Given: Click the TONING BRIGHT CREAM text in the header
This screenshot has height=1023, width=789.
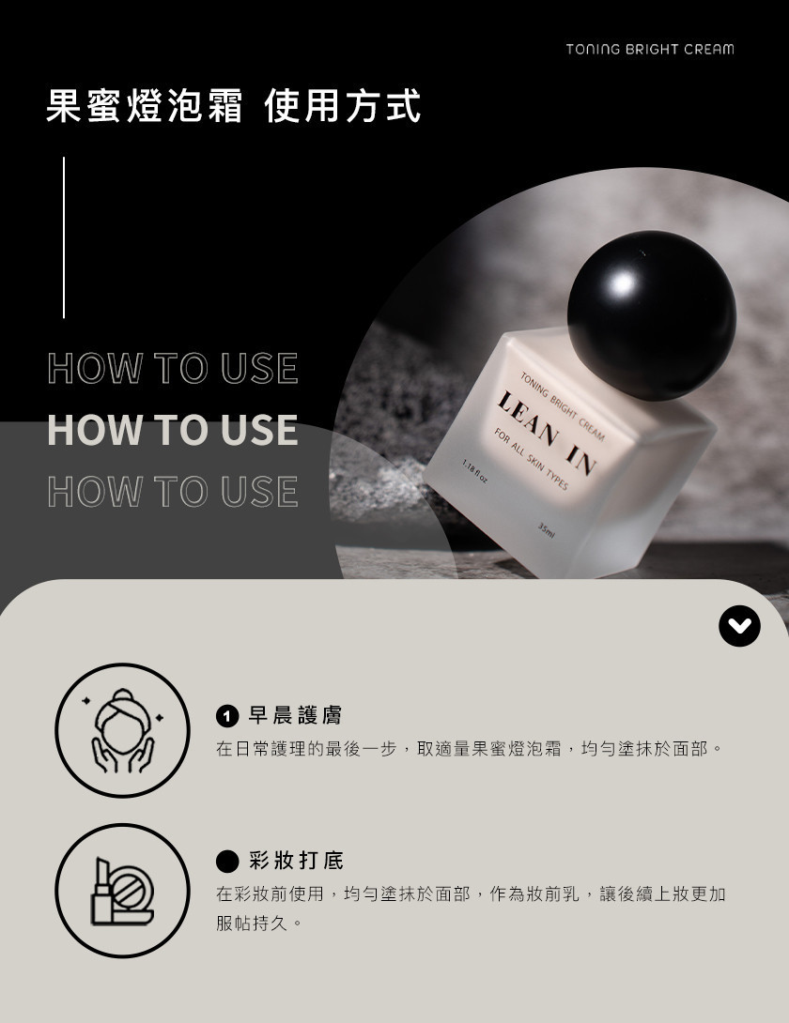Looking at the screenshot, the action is click(650, 50).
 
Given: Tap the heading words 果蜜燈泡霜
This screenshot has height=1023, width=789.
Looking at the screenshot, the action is click(145, 106).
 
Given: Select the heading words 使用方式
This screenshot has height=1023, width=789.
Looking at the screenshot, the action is click(344, 106).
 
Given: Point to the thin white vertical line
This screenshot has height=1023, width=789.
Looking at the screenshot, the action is click(64, 237).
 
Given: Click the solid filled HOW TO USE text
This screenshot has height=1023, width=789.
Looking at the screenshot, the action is click(173, 430).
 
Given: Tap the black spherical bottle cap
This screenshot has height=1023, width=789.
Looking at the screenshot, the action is click(652, 315).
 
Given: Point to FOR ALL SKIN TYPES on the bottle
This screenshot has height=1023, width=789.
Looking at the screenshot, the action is click(531, 459).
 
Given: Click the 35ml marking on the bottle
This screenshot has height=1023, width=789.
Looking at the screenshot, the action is click(546, 529).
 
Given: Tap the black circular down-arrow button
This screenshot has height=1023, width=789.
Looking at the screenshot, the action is click(739, 626).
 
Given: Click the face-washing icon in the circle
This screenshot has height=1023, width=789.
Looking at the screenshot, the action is click(122, 731).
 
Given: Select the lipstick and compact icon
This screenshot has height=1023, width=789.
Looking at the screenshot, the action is click(122, 891).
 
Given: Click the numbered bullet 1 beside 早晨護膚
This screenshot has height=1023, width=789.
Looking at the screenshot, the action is click(226, 717).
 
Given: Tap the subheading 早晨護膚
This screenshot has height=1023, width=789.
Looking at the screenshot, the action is click(295, 716).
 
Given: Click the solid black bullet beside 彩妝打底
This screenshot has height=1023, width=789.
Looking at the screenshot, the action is click(226, 862).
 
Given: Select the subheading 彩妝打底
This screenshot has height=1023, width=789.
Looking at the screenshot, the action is click(296, 861).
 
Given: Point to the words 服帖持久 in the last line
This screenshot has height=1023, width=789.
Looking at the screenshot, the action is click(252, 924).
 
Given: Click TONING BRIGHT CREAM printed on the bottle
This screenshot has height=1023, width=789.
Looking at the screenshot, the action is click(563, 406).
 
